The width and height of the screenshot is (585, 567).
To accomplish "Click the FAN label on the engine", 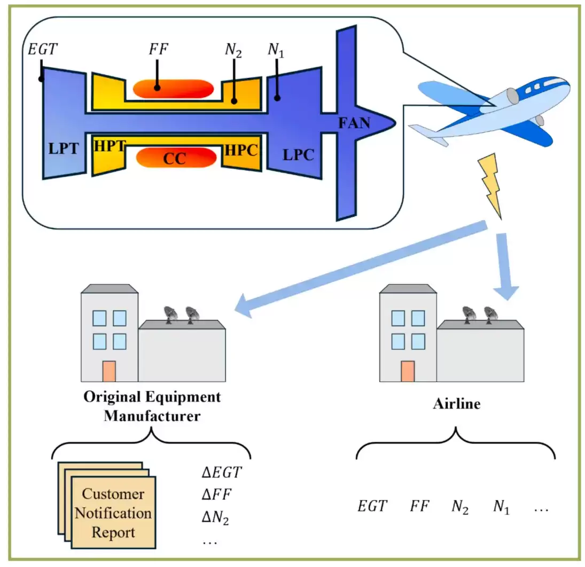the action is coord(354,123).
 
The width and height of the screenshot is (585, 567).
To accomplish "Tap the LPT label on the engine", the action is coord(64,148).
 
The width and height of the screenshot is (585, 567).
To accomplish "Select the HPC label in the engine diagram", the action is coord(241,150).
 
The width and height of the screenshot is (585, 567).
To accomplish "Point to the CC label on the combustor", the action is coord(175,159).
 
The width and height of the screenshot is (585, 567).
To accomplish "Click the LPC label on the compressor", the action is coord(298,155).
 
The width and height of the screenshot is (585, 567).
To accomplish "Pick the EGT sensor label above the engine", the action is coord(43,49).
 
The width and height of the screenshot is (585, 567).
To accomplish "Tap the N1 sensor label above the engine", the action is coord(276,50).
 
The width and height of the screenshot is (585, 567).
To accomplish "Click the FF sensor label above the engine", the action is coord(159,49).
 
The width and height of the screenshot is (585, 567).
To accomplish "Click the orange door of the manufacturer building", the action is coord(109,371).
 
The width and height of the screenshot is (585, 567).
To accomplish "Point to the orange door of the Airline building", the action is coord(408,371).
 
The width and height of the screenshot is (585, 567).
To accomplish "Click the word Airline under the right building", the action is coord(457,404).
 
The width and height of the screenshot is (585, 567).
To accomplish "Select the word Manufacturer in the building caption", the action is coord(152,416).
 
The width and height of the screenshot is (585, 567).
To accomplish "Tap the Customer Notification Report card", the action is coord(113,513).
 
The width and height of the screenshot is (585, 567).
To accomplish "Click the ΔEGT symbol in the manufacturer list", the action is coord(222,472).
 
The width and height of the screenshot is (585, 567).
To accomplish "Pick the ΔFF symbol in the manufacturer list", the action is coord(216,494).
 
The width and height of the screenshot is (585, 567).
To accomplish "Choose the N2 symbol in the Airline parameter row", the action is coord(460,507).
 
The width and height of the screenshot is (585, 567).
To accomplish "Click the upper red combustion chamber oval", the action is coord(174,89).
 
